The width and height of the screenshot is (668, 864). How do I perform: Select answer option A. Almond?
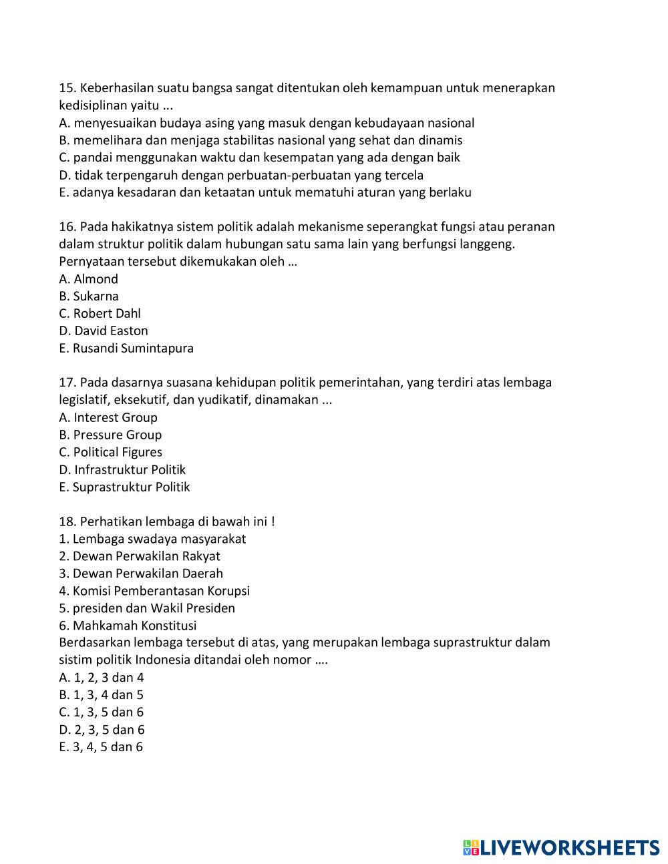88,279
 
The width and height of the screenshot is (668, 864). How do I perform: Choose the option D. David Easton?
104,331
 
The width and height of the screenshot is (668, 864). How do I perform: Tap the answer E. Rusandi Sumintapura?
126,349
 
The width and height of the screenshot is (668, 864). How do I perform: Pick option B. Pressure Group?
110,435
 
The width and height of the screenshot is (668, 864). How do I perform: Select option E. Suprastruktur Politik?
124,487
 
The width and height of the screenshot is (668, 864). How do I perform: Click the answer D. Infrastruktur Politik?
122,470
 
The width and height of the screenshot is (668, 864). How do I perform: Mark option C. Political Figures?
110,453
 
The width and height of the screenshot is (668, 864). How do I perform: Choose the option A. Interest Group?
108,418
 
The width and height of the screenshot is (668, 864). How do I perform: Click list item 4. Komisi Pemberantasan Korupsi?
154,591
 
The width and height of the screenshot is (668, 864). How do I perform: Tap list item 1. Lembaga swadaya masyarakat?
152,539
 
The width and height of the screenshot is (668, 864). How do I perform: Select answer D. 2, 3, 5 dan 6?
102,730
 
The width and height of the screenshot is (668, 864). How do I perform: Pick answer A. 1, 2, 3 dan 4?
102,678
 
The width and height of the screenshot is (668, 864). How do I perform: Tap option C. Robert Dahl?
100,314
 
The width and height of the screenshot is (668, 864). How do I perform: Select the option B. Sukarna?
89,296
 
